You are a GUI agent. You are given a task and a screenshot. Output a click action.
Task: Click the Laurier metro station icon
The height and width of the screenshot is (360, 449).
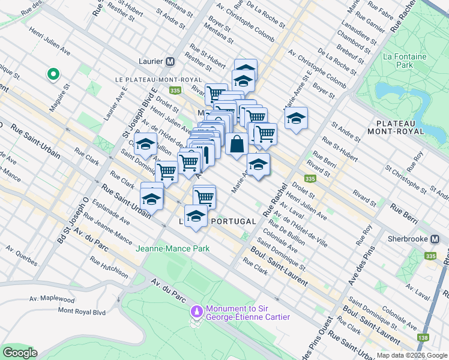(x=170, y=61)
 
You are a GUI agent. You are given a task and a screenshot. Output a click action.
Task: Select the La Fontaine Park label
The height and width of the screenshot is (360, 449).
(x=399, y=60)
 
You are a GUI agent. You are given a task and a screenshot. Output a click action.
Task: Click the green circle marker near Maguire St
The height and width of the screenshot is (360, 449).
(x=53, y=74)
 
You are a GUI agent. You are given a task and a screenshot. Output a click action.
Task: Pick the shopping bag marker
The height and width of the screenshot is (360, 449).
(x=237, y=144)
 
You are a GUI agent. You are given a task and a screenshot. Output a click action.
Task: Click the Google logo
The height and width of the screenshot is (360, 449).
(x=20, y=353)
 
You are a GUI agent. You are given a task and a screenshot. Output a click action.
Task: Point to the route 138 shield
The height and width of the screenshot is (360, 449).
(x=424, y=338)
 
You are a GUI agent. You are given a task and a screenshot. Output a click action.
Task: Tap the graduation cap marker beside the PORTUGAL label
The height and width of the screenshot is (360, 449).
(x=196, y=216)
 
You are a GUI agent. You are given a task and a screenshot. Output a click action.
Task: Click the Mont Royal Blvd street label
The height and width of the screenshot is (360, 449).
(x=82, y=311)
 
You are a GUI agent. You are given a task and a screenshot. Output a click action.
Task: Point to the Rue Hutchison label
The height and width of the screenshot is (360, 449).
(x=109, y=267)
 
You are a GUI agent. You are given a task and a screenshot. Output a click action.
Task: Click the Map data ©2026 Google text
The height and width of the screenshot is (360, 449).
(x=412, y=355)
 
